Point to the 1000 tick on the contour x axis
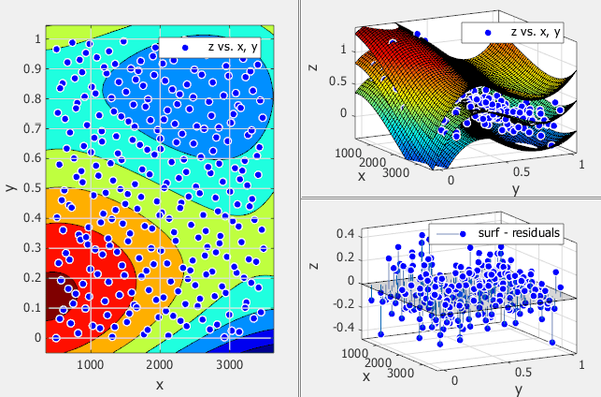pos(91,365)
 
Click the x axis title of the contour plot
pos(160,384)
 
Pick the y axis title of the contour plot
pos(10,187)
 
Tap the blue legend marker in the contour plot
pos(186,46)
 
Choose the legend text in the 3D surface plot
pos(536,31)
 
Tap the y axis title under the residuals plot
pos(517,387)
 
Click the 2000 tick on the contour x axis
pos(160,365)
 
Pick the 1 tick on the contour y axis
pos(38,38)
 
